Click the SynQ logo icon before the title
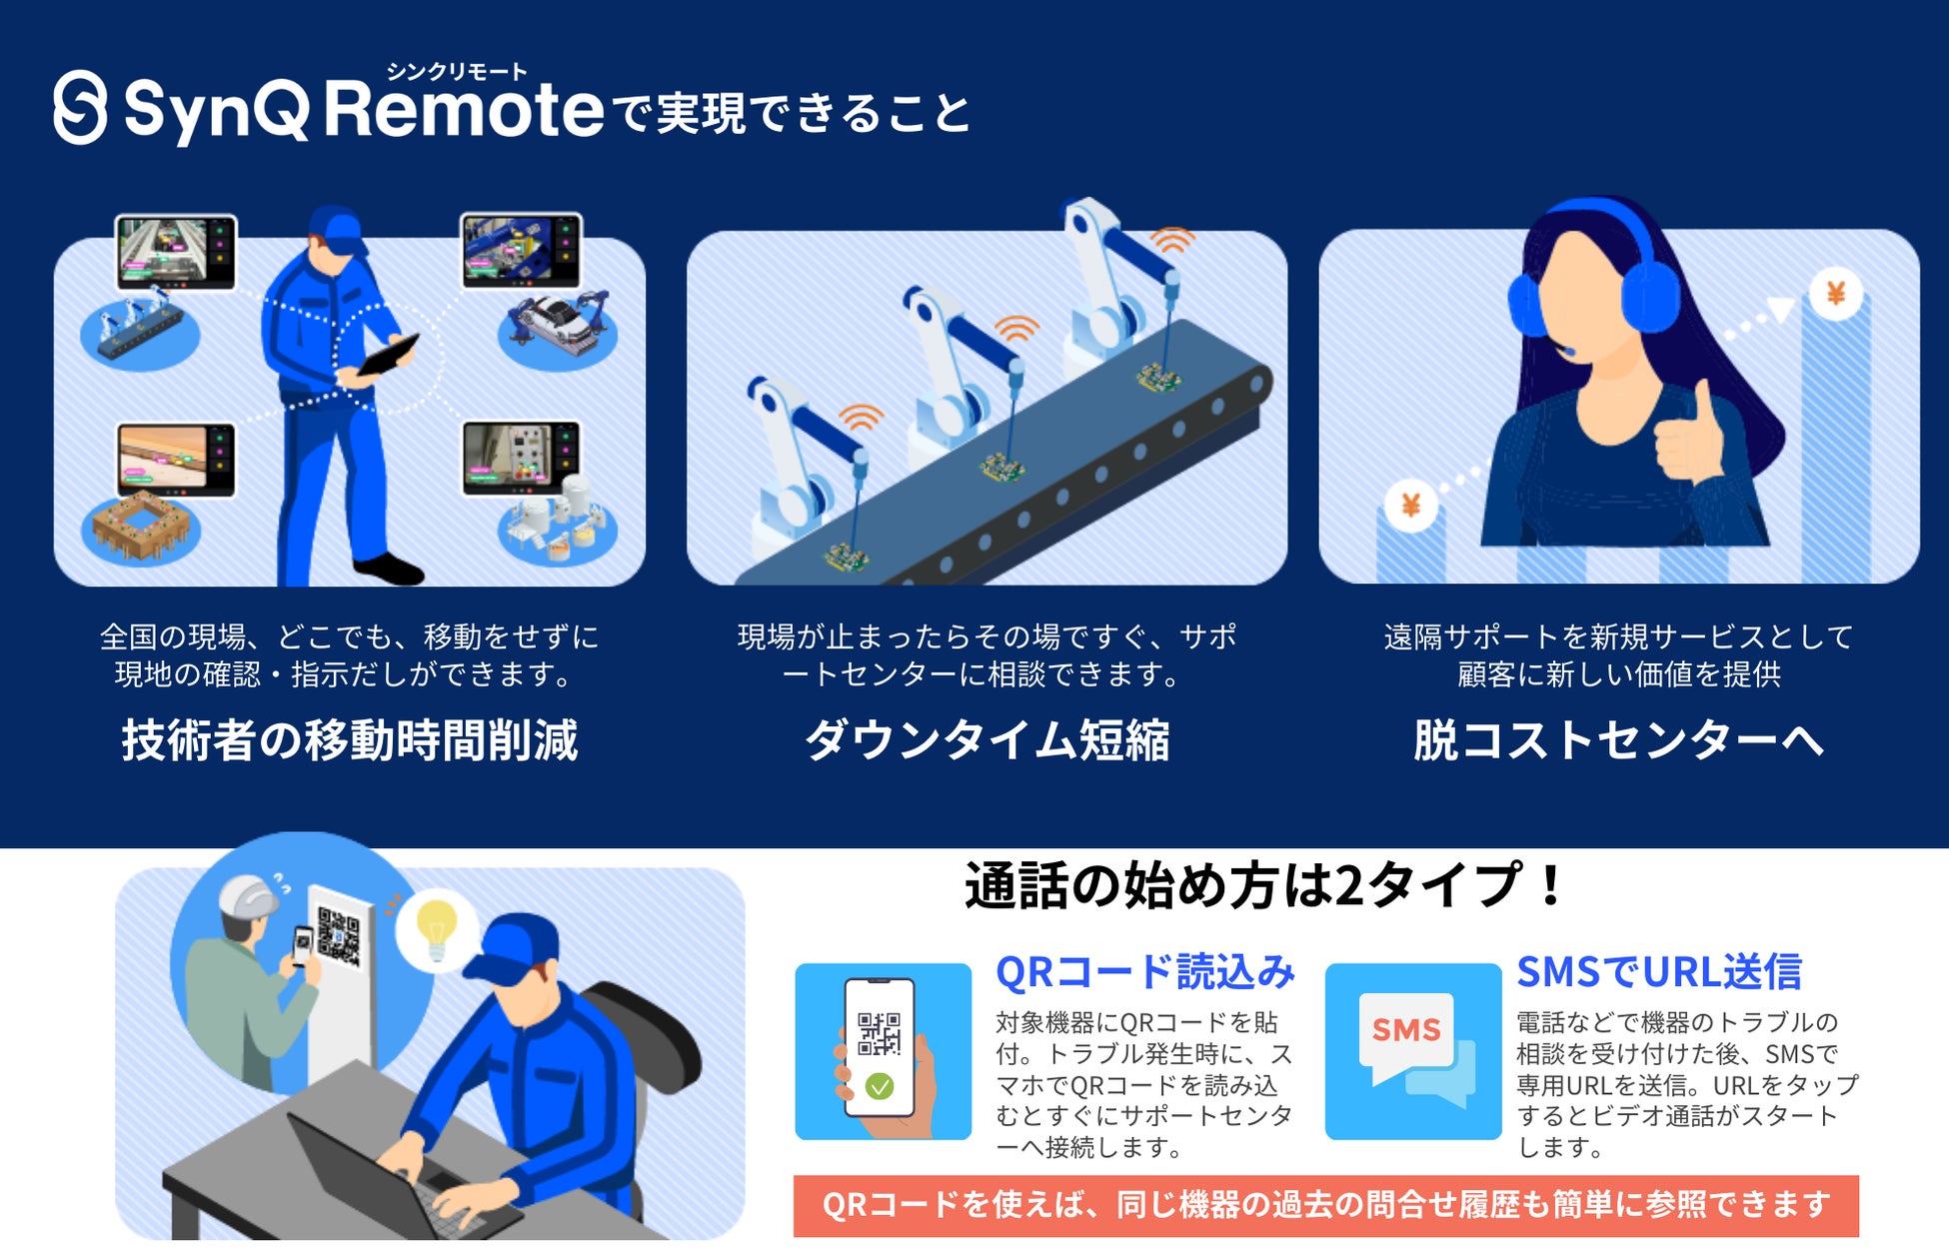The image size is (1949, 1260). click(x=80, y=108)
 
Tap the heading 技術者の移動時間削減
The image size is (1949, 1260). click(x=350, y=740)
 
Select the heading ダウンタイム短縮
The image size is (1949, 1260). click(x=987, y=740)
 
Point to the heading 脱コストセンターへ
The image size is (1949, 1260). click(x=1618, y=740)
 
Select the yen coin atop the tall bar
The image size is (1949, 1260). click(x=1836, y=294)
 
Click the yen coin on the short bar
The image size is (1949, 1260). click(x=1410, y=506)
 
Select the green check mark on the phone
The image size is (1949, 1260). click(x=880, y=1086)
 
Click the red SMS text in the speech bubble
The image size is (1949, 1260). click(x=1406, y=1029)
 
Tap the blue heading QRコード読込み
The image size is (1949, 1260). click(x=1145, y=972)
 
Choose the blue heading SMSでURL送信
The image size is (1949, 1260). click(x=1659, y=972)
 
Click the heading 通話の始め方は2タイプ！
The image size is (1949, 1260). click(x=1265, y=885)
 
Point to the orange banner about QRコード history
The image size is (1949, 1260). click(x=1326, y=1206)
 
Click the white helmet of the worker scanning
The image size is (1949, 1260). click(x=248, y=895)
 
